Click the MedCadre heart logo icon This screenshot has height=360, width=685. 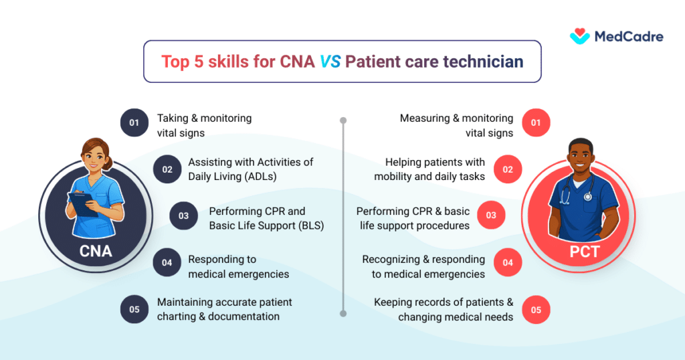point(580,36)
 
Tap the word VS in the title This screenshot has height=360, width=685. point(330,62)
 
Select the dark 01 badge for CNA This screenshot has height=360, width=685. point(134,123)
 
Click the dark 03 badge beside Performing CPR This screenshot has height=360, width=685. point(183,216)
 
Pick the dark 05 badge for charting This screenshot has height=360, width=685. point(134,309)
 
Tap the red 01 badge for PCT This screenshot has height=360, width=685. point(535,123)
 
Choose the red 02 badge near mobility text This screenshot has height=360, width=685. point(508,169)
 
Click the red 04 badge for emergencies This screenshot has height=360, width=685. point(508,262)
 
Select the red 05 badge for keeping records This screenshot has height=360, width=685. point(535,309)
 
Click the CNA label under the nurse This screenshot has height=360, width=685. point(95,252)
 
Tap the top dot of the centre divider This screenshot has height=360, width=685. point(343,121)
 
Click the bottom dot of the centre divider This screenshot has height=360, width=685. point(343,312)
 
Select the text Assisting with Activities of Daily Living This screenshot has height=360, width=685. point(250,169)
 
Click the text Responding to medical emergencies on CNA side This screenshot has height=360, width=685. point(238,266)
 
